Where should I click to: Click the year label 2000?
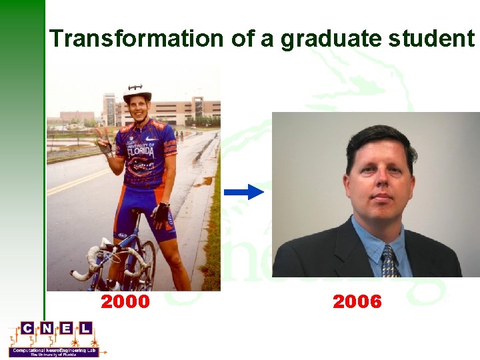(125, 302)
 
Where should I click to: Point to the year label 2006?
(357, 302)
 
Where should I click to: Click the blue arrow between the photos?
(244, 192)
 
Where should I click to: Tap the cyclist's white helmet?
(137, 92)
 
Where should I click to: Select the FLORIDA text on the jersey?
(141, 152)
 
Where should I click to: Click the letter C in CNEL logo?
(27, 328)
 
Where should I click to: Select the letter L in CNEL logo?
(85, 328)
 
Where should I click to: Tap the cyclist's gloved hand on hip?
(160, 213)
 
